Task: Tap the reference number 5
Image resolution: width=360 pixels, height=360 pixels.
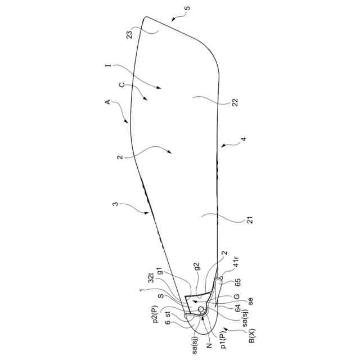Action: click(x=187, y=8)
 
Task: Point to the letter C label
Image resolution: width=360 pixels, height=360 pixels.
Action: click(x=122, y=85)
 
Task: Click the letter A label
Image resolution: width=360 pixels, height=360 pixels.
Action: click(x=106, y=102)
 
